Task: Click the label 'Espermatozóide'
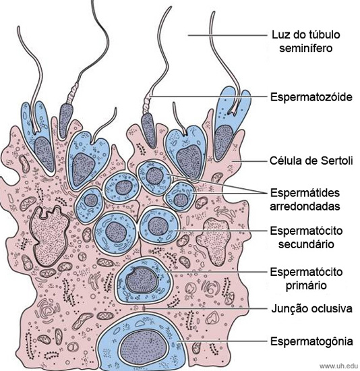311,97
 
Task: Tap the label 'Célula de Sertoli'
311,161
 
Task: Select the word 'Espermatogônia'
311,341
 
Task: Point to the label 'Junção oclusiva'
311,308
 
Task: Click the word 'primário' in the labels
306,285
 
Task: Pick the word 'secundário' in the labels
306,244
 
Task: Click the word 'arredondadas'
305,206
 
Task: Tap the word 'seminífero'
306,48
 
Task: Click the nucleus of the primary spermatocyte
141,280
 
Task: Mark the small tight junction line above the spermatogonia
144,308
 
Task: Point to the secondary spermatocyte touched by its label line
158,225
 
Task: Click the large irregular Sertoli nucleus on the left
49,236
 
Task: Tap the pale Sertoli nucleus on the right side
214,241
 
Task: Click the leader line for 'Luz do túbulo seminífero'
227,36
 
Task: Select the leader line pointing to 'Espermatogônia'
222,341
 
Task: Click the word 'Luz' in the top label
280,35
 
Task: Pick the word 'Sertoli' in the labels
337,161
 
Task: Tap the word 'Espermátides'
305,193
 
